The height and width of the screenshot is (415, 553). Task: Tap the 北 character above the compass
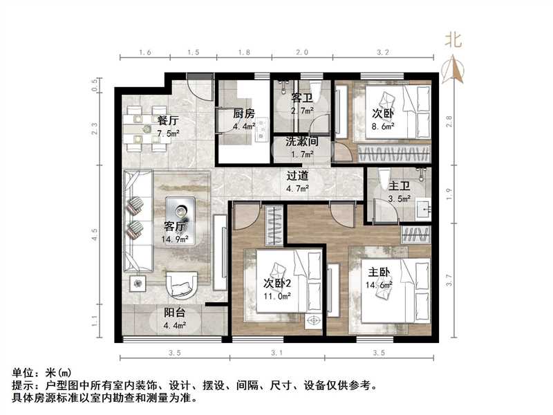click(453, 40)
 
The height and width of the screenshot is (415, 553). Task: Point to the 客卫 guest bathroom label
click(302, 98)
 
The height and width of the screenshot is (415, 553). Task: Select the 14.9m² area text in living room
click(175, 240)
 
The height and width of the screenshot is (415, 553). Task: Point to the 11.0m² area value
click(277, 295)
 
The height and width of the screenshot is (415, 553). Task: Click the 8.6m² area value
click(383, 127)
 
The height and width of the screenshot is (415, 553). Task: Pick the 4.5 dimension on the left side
click(95, 239)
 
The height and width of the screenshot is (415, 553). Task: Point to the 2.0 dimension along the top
click(302, 53)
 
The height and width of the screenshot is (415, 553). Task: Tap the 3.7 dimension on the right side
click(449, 281)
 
